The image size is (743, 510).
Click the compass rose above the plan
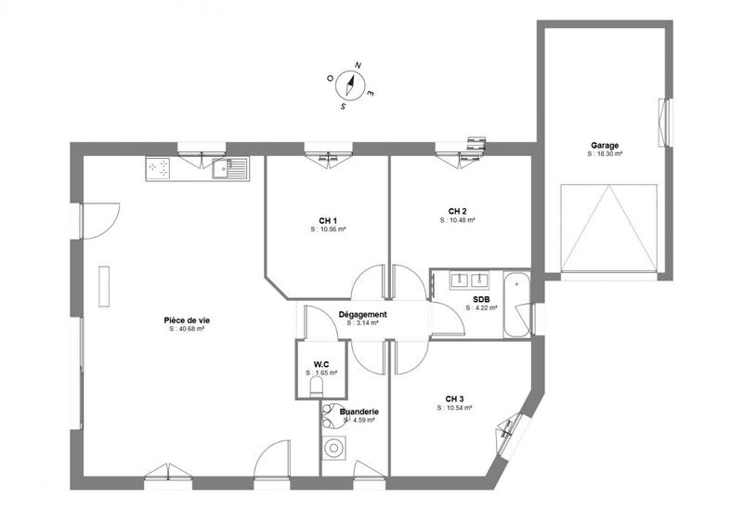click(x=350, y=85)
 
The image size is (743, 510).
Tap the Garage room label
click(x=605, y=146)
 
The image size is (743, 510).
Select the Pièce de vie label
click(x=186, y=320)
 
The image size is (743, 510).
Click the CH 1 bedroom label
click(x=327, y=220)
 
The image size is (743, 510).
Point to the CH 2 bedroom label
click(x=457, y=211)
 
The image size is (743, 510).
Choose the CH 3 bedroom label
click(x=454, y=399)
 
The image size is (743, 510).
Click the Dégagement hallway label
click(x=362, y=315)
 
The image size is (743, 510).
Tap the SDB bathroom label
click(x=481, y=299)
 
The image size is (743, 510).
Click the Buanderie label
click(x=358, y=411)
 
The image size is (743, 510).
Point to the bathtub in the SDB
click(x=516, y=306)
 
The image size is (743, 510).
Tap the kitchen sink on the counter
click(x=230, y=169)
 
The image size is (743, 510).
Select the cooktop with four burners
click(x=159, y=168)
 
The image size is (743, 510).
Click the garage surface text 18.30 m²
click(x=605, y=155)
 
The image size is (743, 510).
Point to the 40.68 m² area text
click(x=186, y=329)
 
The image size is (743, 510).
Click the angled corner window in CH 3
click(x=508, y=427)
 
